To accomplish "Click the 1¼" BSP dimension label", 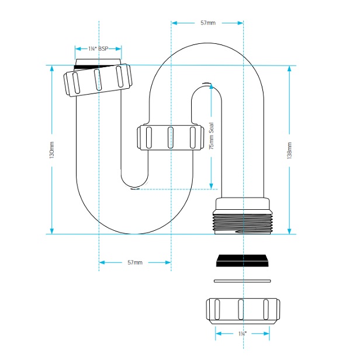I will click(x=98, y=49).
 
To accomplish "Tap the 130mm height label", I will click(x=52, y=150).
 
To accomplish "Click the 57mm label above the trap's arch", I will click(x=207, y=23).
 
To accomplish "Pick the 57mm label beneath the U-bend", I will click(x=135, y=262).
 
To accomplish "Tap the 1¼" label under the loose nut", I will click(x=241, y=333).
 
